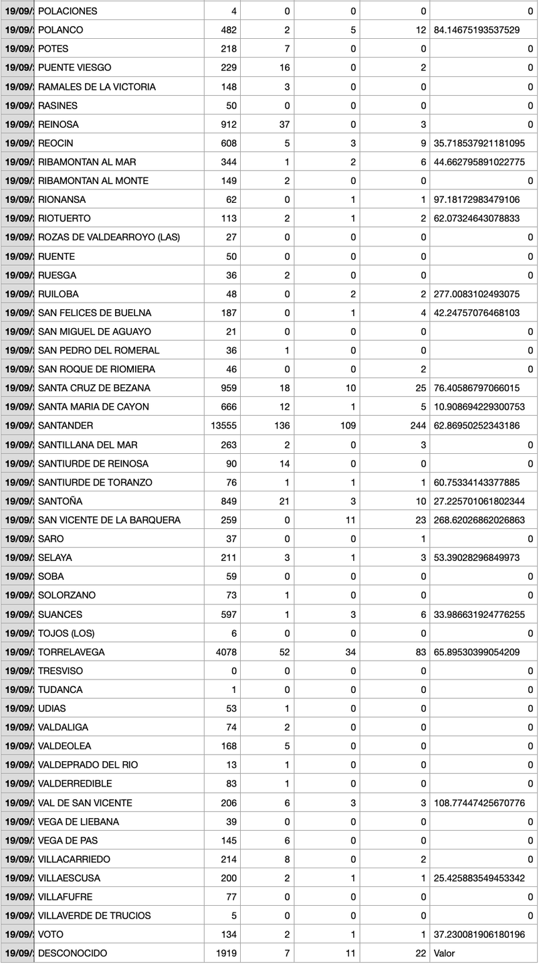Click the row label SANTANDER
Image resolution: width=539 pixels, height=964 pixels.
click(66, 426)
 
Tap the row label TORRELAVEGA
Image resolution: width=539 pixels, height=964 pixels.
click(72, 652)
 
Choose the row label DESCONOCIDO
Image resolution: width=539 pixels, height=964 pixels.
click(72, 953)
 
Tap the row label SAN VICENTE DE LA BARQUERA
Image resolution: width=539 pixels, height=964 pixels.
click(109, 520)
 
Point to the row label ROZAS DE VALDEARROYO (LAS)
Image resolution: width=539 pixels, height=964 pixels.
click(109, 237)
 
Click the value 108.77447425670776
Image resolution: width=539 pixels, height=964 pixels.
click(479, 803)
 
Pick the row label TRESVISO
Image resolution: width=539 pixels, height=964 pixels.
click(61, 671)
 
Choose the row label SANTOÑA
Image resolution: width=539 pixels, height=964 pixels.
click(61, 501)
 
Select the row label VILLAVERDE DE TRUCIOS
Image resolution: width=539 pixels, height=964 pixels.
click(94, 916)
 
